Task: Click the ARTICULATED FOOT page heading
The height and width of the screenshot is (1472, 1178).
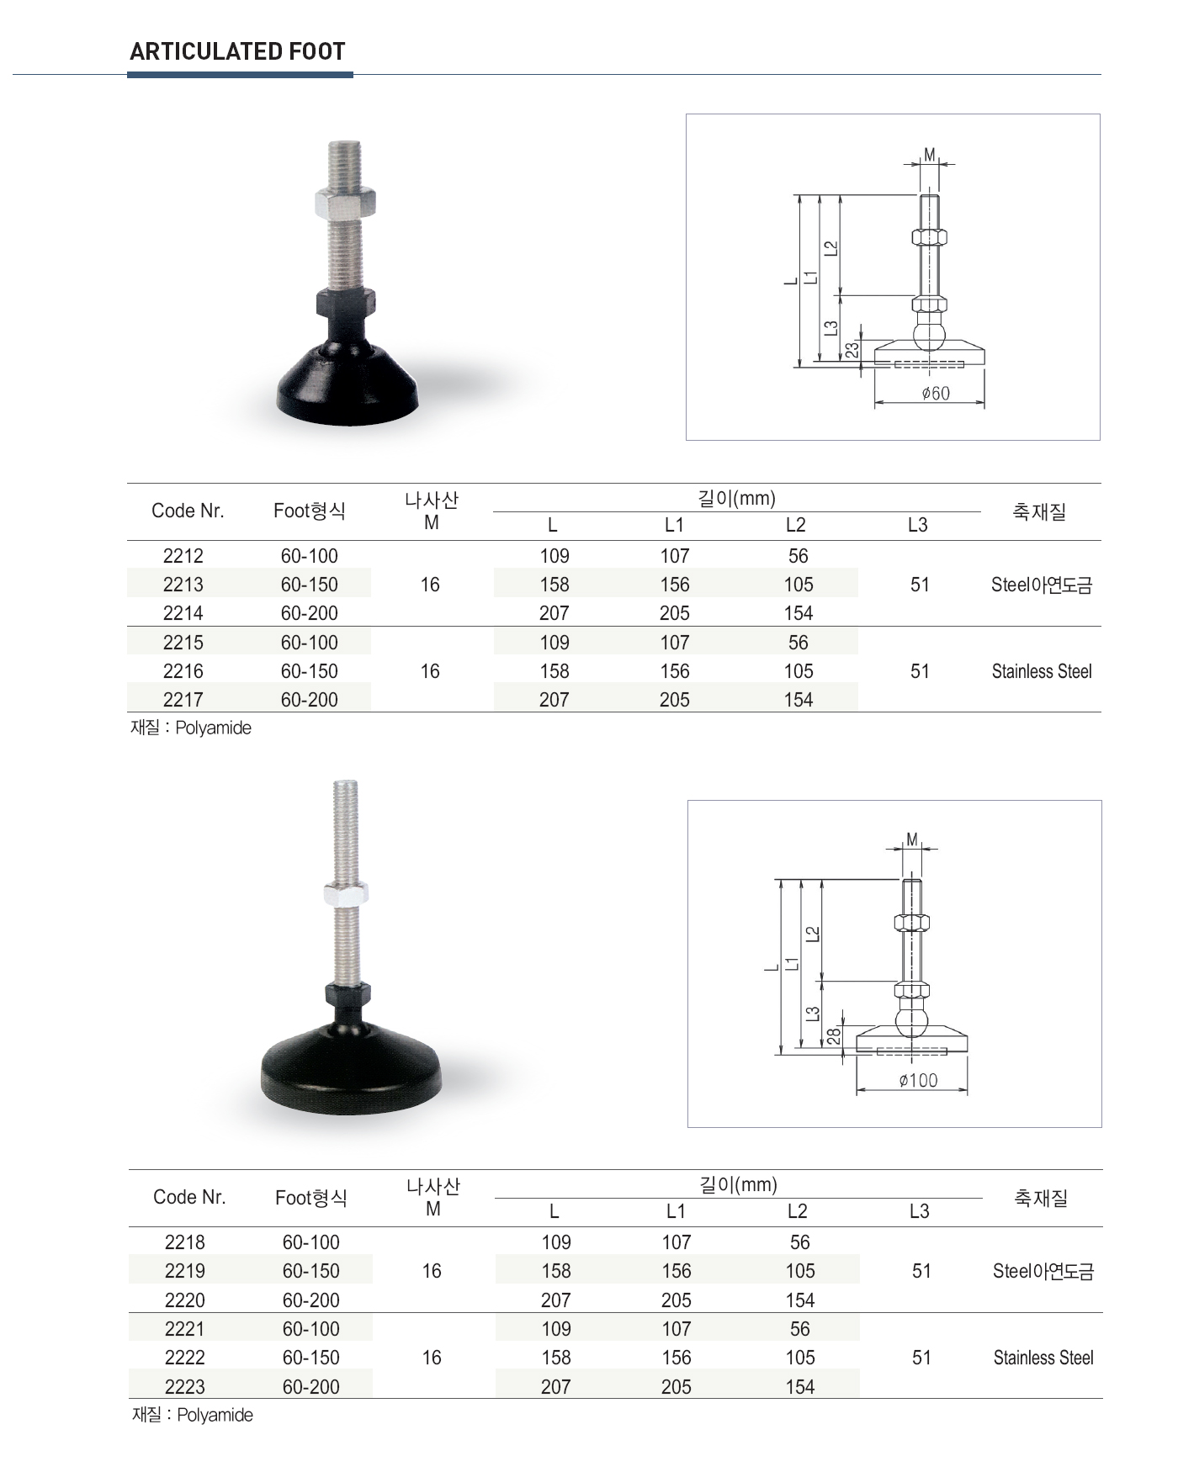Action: click(x=237, y=52)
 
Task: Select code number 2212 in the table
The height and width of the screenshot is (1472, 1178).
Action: click(x=183, y=556)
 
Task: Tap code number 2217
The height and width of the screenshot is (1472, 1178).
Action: click(x=183, y=700)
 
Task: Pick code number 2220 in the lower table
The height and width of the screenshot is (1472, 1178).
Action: click(x=185, y=1300)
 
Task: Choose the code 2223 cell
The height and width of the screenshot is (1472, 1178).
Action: click(x=185, y=1387)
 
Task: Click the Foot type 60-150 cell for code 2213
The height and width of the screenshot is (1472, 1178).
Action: click(x=310, y=585)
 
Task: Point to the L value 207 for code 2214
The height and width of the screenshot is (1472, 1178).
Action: click(x=555, y=613)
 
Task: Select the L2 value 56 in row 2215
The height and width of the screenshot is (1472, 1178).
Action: click(x=799, y=643)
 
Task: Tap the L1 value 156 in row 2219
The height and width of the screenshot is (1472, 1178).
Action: click(x=677, y=1271)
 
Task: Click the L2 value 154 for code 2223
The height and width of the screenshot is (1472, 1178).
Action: click(x=800, y=1387)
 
